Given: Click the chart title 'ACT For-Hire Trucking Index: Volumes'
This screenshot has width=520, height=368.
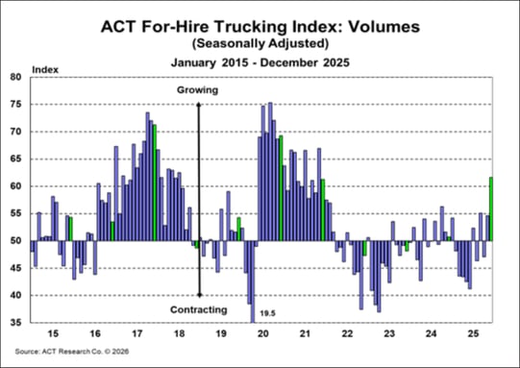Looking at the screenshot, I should click(x=260, y=26).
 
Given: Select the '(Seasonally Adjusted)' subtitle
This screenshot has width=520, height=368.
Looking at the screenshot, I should click(x=260, y=43).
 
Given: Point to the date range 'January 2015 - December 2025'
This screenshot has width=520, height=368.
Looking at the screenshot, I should click(x=260, y=62).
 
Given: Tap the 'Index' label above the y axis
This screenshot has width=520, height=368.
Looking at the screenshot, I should click(x=45, y=70).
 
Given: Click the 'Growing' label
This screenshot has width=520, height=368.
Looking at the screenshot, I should click(x=198, y=90).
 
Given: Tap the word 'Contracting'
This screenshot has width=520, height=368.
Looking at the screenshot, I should click(x=198, y=309).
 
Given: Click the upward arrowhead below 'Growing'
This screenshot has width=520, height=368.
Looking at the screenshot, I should click(x=198, y=102).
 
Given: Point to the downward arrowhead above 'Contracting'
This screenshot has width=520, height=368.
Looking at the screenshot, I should click(x=198, y=294).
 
